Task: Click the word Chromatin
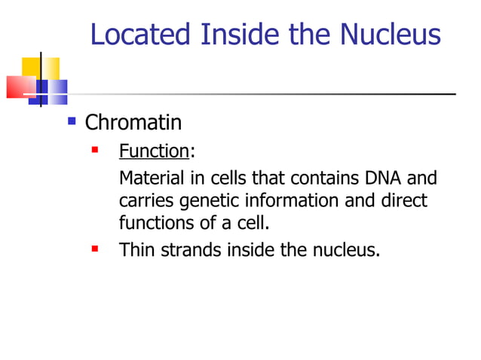coord(133,122)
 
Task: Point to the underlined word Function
coord(154,151)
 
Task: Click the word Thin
coord(136,249)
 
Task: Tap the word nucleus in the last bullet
coord(345,249)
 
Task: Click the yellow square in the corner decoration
coord(30,66)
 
